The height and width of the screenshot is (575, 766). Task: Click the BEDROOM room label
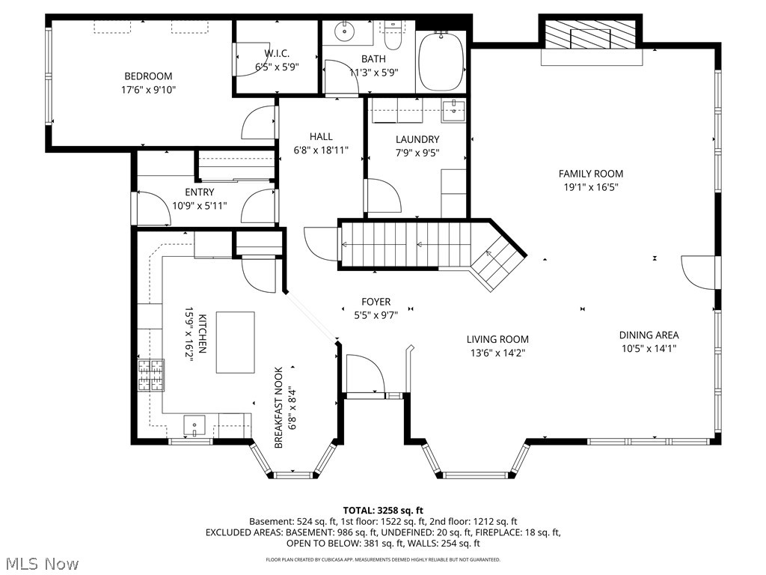pos(148,76)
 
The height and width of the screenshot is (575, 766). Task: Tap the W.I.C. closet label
pos(277,53)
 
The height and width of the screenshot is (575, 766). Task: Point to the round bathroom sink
pos(346,31)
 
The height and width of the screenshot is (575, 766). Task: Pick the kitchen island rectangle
pos(235,342)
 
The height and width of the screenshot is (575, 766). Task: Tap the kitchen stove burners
pos(150,375)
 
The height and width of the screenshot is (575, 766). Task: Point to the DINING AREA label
pos(649,335)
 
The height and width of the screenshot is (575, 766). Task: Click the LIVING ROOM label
pos(497,339)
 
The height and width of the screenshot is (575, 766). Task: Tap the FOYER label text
pos(376,302)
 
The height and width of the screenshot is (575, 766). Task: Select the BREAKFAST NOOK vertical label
pos(278,407)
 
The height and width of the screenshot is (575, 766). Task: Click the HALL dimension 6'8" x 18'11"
pos(321,150)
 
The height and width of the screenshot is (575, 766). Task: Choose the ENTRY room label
pos(199,192)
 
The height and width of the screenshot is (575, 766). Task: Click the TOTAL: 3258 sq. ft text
pos(382,509)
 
